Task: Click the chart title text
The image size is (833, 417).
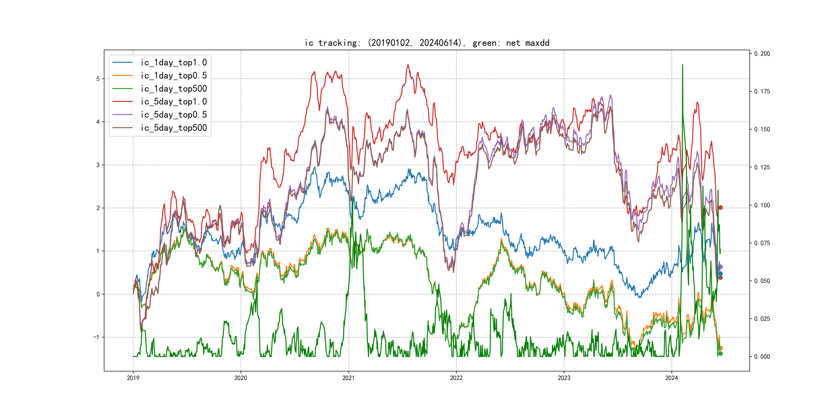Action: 427,43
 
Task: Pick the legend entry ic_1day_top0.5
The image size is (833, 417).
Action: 173,75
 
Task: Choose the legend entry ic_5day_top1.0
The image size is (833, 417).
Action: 173,102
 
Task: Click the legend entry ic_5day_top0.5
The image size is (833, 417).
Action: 173,115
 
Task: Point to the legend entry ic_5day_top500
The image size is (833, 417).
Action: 173,128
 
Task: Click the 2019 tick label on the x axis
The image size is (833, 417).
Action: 133,378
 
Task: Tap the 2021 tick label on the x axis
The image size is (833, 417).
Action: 349,378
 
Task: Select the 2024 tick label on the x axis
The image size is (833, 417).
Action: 672,378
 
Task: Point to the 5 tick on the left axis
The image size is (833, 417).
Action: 98,79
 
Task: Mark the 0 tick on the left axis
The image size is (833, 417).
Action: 98,294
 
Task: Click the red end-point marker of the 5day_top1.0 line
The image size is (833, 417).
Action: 720,207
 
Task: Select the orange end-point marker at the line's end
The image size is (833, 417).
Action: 720,348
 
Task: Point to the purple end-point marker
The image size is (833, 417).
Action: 720,267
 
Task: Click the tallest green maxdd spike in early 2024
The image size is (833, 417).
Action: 683,65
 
